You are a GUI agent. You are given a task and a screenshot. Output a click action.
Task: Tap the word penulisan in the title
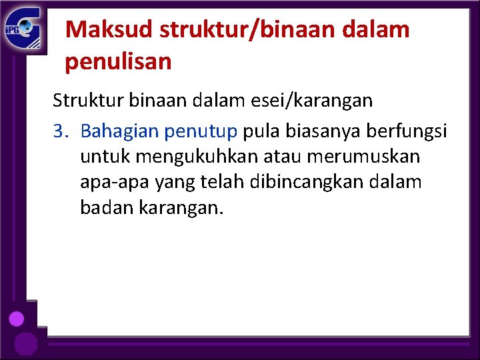click(119, 62)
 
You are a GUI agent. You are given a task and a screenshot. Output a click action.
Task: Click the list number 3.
click(60, 131)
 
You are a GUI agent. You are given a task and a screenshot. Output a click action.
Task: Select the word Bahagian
click(117, 131)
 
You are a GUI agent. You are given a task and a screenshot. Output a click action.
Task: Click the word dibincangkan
click(309, 182)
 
